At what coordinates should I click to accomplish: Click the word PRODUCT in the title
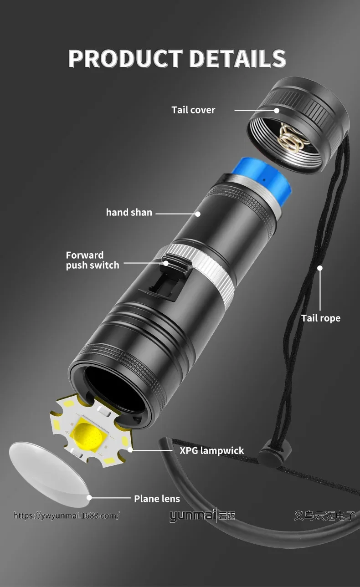pyautogui.click(x=125, y=58)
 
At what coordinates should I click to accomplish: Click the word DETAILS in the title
pyautogui.click(x=237, y=58)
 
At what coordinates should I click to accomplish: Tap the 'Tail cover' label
pyautogui.click(x=193, y=110)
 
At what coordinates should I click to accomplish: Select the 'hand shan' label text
pyautogui.click(x=129, y=212)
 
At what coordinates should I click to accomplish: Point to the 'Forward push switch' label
pyautogui.click(x=92, y=260)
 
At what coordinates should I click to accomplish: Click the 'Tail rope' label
pyautogui.click(x=320, y=318)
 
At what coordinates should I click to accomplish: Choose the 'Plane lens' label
pyautogui.click(x=157, y=499)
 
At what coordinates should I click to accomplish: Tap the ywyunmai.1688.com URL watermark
pyautogui.click(x=67, y=516)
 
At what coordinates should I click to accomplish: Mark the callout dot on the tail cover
pyautogui.click(x=277, y=110)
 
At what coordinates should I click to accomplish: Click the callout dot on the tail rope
pyautogui.click(x=320, y=268)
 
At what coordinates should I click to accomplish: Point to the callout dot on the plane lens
pyautogui.click(x=89, y=498)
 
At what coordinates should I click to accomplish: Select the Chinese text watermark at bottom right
pyautogui.click(x=324, y=516)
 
